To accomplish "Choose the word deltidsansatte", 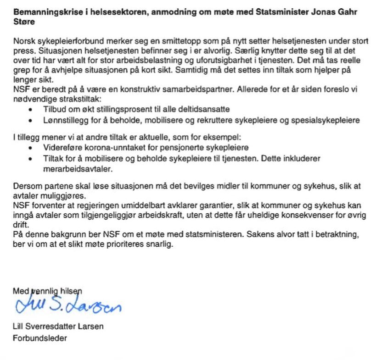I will click(x=206, y=110).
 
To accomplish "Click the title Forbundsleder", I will click(x=39, y=339).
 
